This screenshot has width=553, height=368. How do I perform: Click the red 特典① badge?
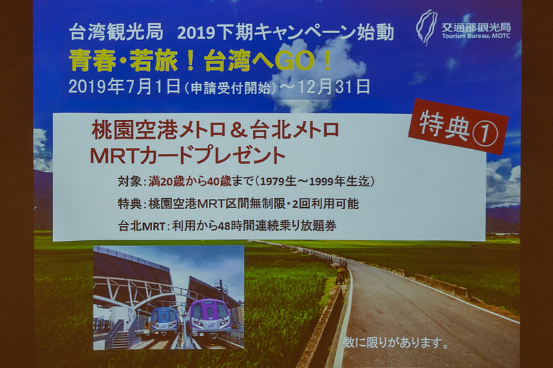(x=458, y=126)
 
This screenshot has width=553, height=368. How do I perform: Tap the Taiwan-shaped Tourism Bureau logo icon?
(x=427, y=27)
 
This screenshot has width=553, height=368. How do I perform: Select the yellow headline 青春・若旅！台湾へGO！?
(x=200, y=61)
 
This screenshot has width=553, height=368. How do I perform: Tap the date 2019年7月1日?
(x=125, y=86)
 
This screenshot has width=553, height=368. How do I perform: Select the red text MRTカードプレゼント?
(x=187, y=154)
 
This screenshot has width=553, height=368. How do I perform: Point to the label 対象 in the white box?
(x=131, y=182)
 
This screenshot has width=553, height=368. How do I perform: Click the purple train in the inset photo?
(x=208, y=317)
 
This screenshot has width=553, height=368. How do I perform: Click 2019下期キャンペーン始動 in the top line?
(x=285, y=32)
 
